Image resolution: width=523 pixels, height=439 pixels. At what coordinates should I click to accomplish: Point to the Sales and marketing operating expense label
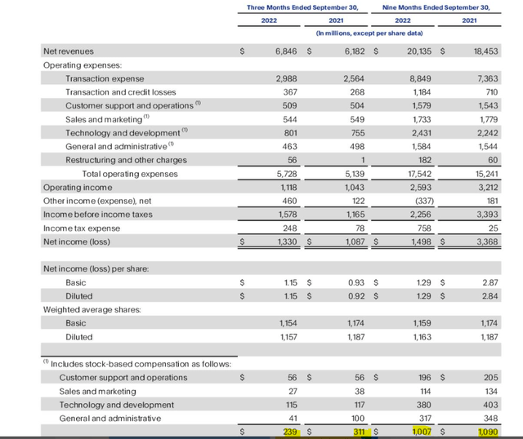(x=102, y=119)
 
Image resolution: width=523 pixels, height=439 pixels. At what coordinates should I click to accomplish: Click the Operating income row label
(x=75, y=187)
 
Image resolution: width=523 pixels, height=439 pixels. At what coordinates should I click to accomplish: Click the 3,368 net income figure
(x=485, y=242)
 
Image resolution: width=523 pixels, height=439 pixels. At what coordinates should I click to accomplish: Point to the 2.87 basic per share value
(x=489, y=282)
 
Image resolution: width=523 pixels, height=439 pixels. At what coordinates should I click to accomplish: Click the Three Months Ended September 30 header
(x=305, y=7)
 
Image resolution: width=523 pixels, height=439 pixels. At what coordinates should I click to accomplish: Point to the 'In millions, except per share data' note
(x=369, y=33)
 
